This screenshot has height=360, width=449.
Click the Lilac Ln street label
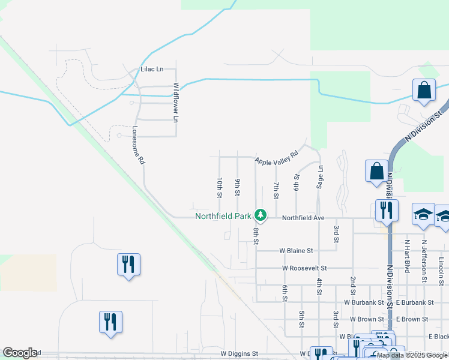(152, 70)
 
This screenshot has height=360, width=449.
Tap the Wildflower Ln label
(176, 103)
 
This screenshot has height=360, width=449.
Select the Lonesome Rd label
(138, 145)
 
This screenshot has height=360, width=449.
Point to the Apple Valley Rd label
(276, 158)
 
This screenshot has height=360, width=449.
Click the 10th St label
(220, 187)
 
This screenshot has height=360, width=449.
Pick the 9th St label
(238, 187)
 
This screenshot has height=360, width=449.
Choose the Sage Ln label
(321, 178)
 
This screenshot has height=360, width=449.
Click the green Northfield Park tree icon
(260, 214)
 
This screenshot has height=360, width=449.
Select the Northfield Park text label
(223, 217)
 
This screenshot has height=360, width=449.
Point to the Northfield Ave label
(303, 218)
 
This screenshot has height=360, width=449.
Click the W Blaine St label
(295, 250)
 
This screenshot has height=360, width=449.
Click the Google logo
(20, 353)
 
